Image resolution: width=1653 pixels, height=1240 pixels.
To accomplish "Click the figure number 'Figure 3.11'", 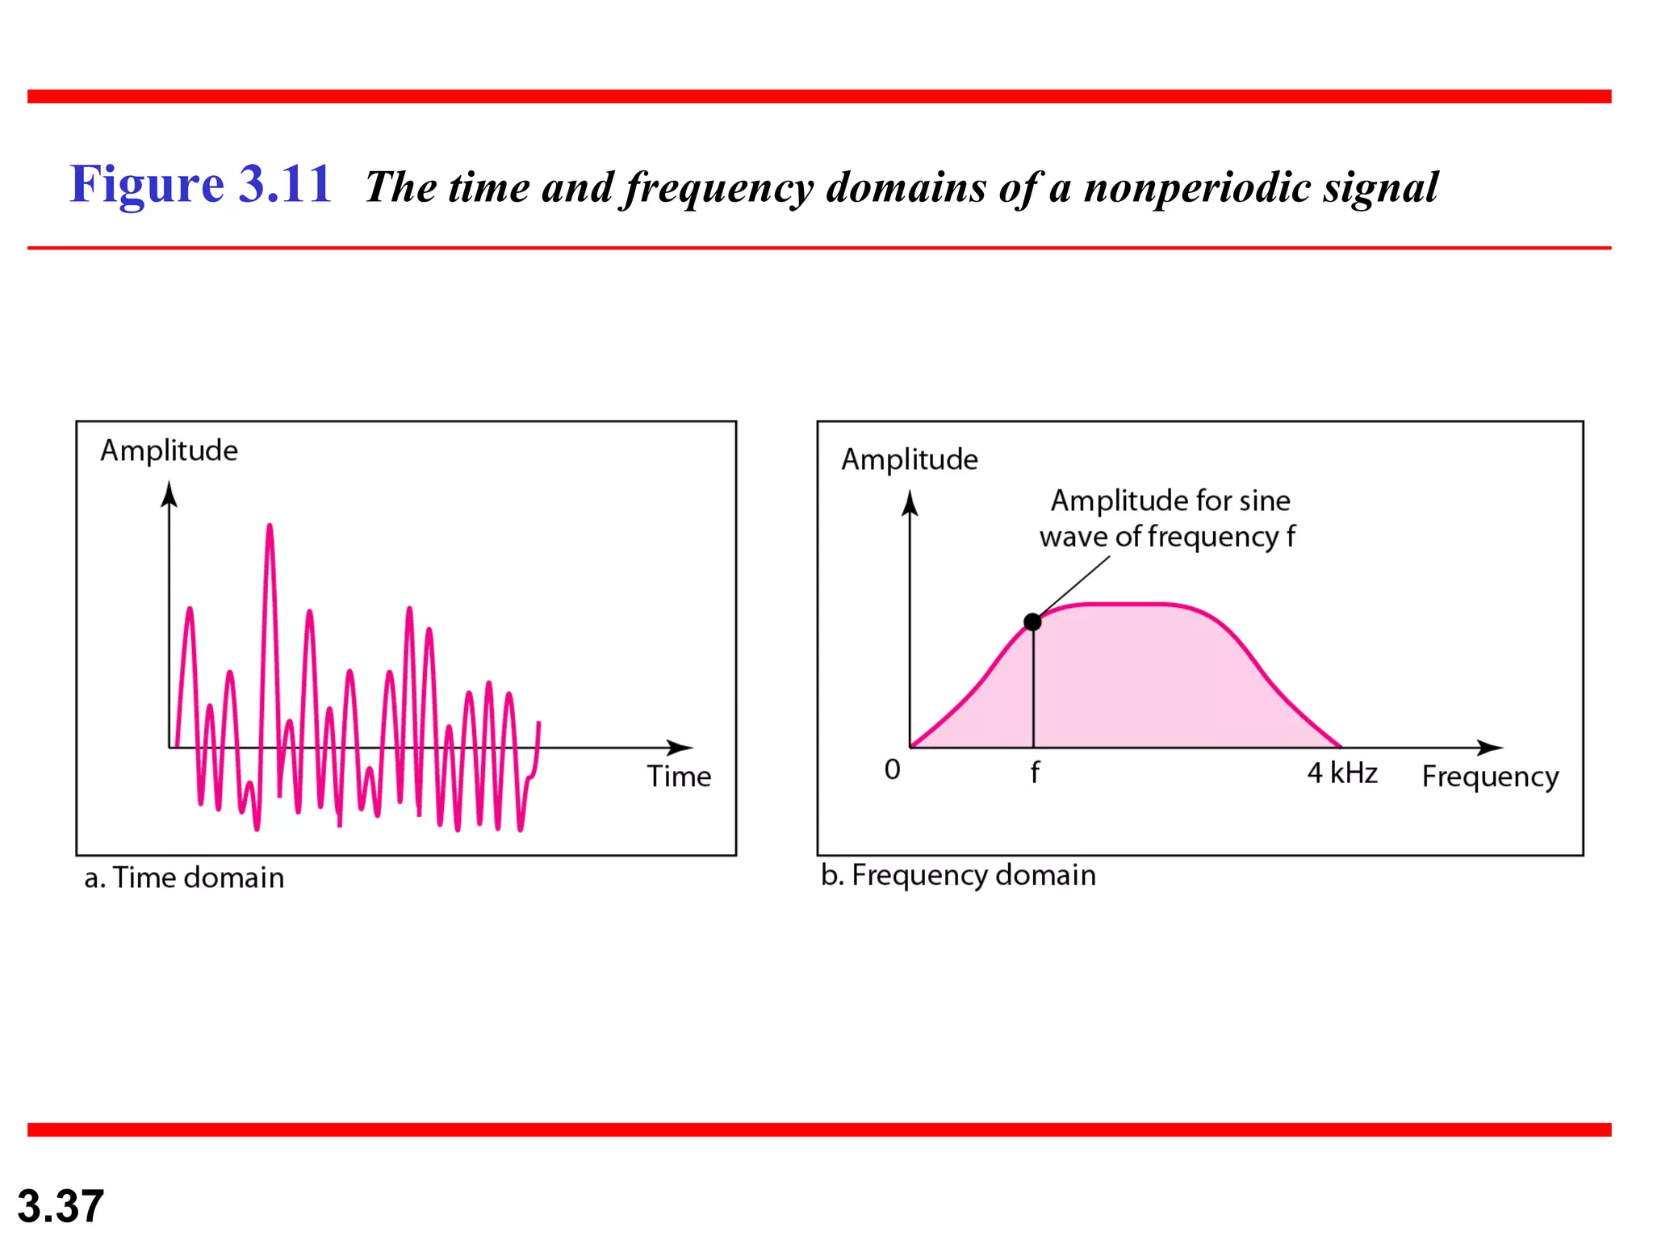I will click(x=200, y=184).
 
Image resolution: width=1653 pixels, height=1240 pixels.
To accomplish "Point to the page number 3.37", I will click(x=61, y=1206).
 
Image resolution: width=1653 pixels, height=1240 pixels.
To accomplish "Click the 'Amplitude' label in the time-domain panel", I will click(x=169, y=450).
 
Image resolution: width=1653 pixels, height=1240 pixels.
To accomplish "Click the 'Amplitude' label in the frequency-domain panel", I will click(x=910, y=459).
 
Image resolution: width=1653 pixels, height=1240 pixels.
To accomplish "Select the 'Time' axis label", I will click(x=679, y=777).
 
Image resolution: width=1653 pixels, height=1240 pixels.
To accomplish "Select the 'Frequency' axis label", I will click(x=1490, y=777).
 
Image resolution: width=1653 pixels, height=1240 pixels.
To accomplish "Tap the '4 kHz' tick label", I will click(x=1341, y=773).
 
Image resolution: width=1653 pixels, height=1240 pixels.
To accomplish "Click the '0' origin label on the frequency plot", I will click(x=892, y=769).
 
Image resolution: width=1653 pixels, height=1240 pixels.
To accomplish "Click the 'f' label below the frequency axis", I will click(x=1035, y=773).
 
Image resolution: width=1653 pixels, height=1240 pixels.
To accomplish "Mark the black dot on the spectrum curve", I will click(x=1032, y=622).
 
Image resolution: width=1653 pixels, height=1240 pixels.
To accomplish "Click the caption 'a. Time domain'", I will click(x=184, y=878).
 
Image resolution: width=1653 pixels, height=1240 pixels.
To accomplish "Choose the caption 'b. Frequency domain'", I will click(x=958, y=875).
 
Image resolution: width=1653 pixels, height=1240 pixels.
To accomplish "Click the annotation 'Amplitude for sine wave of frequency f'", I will click(x=1168, y=518).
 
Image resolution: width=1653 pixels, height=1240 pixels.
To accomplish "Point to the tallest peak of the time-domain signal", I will click(x=270, y=528).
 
